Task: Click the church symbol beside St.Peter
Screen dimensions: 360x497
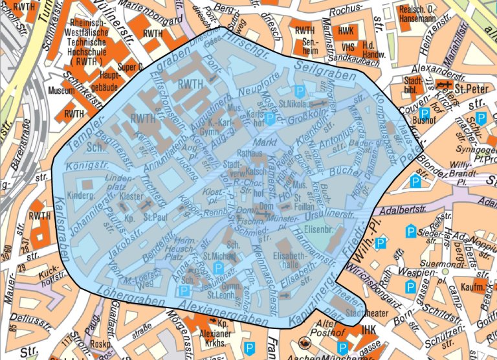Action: [x=443, y=85]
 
